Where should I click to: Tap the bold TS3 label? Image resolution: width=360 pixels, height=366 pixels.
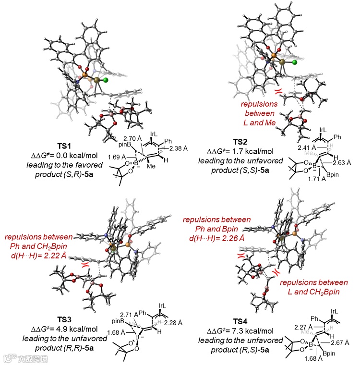point(63,319)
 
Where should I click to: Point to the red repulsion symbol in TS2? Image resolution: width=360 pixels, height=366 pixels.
point(277,91)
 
